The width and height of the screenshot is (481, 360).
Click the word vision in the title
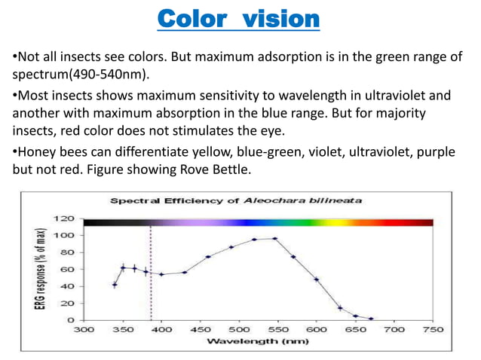[x=279, y=17]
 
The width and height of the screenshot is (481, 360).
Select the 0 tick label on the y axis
[x=69, y=320]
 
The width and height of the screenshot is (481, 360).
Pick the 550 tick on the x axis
[x=278, y=329]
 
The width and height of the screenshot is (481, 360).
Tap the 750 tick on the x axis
[x=433, y=329]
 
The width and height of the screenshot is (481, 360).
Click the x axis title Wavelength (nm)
[x=258, y=341]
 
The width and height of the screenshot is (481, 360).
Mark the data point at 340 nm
[x=115, y=284]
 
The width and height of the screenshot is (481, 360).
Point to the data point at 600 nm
[x=317, y=279]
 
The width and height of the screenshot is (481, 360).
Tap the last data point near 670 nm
[x=371, y=319]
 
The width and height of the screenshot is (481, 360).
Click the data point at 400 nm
[x=161, y=274]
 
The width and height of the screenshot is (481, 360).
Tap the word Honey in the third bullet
[x=35, y=153]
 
